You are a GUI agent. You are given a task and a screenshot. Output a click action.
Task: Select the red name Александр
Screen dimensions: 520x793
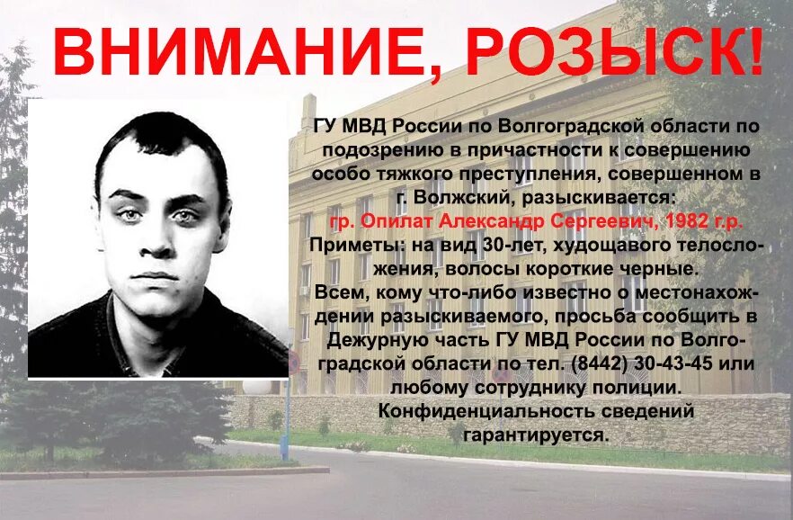click(x=461, y=221)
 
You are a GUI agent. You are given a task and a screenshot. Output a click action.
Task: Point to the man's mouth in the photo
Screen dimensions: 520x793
click(x=160, y=275)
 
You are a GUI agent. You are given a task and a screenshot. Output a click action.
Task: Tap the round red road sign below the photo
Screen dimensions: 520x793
click(x=292, y=364)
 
